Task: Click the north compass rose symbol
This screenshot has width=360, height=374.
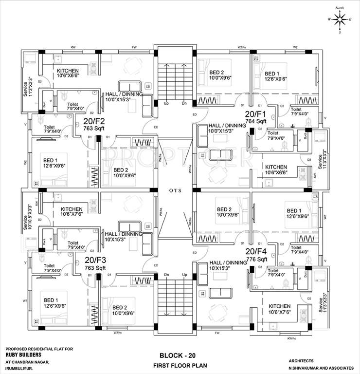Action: (x=340, y=19)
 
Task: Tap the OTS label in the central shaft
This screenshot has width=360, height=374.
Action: (x=176, y=190)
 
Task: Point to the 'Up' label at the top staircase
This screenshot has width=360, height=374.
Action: (x=166, y=104)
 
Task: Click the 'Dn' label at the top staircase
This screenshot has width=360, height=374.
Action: (x=184, y=104)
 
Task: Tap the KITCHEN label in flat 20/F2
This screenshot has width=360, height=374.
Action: (x=68, y=71)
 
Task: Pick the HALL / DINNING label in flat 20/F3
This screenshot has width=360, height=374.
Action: (x=124, y=234)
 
